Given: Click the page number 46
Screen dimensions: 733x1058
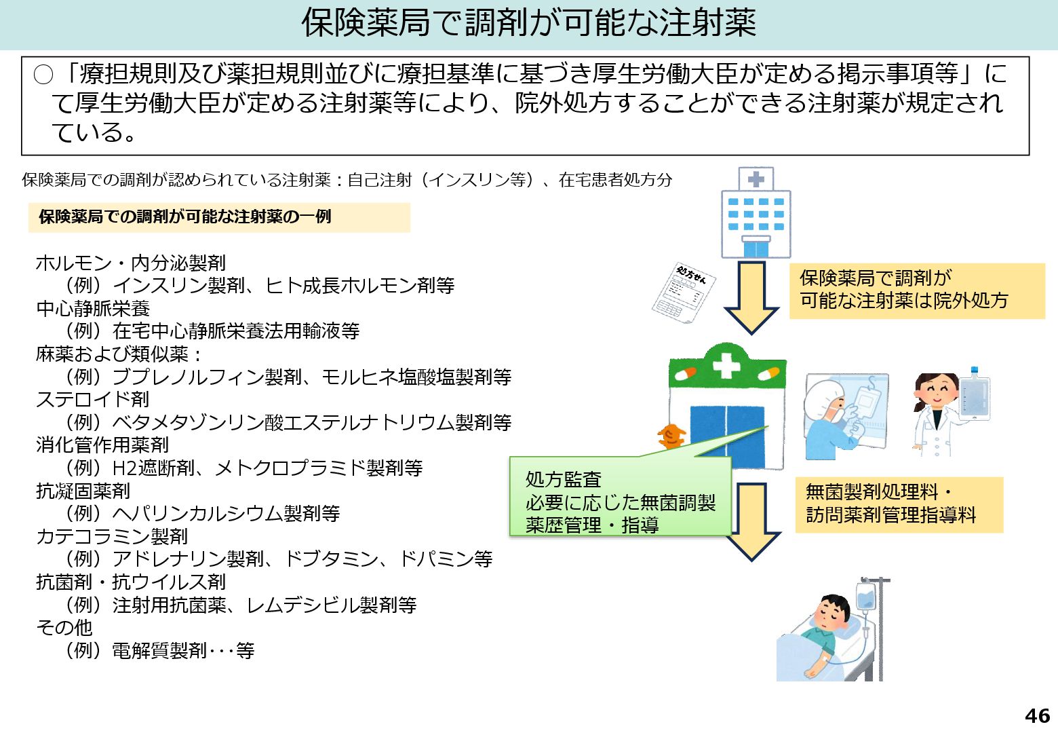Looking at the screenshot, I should [x=1037, y=715].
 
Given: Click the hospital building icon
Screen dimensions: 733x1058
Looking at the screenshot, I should [x=756, y=213].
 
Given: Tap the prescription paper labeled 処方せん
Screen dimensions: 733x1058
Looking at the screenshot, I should [x=683, y=293].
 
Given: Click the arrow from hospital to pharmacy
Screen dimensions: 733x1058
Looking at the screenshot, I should [x=751, y=297].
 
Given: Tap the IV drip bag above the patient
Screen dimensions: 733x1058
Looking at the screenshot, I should [x=866, y=597].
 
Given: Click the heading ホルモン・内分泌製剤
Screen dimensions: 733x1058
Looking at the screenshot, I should [x=130, y=263].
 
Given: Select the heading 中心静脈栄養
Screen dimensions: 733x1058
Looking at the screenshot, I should [x=93, y=308].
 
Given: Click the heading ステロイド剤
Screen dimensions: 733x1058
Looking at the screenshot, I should [x=92, y=399].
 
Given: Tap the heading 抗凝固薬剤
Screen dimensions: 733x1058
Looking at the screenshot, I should [x=83, y=491].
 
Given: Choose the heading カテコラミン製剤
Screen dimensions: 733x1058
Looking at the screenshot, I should [x=111, y=536].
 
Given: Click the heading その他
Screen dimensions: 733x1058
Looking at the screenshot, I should [x=64, y=627].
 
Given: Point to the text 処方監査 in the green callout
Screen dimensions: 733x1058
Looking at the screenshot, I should [x=564, y=479].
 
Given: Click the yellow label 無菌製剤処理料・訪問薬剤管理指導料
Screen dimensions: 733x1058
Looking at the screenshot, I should [x=898, y=504].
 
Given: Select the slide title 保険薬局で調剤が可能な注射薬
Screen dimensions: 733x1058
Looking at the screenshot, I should [x=528, y=23].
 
